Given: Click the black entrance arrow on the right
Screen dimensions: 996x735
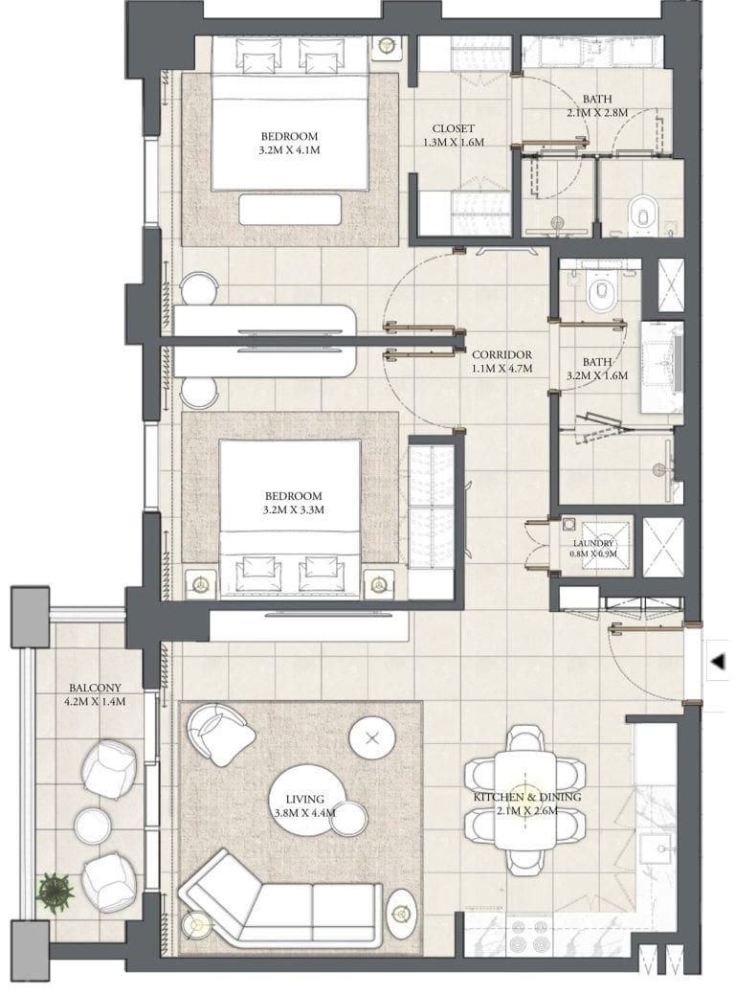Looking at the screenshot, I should point(718,662).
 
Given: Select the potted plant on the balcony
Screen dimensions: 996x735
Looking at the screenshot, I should point(55,891).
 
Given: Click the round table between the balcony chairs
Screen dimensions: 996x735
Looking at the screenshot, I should point(93,826).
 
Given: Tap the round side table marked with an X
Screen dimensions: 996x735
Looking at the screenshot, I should point(371,738).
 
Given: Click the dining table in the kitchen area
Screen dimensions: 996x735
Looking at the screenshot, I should point(524,799).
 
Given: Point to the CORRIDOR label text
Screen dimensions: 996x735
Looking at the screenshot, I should point(501,354).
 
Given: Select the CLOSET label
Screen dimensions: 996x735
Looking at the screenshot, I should point(454,128).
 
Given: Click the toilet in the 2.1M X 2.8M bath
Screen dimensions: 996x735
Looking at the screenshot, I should point(641,212).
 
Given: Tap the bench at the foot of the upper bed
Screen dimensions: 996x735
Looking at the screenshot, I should point(290,209).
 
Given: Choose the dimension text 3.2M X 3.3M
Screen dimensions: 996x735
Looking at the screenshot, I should point(294,509).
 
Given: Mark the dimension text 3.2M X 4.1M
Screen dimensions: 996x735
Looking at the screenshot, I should point(288,149).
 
